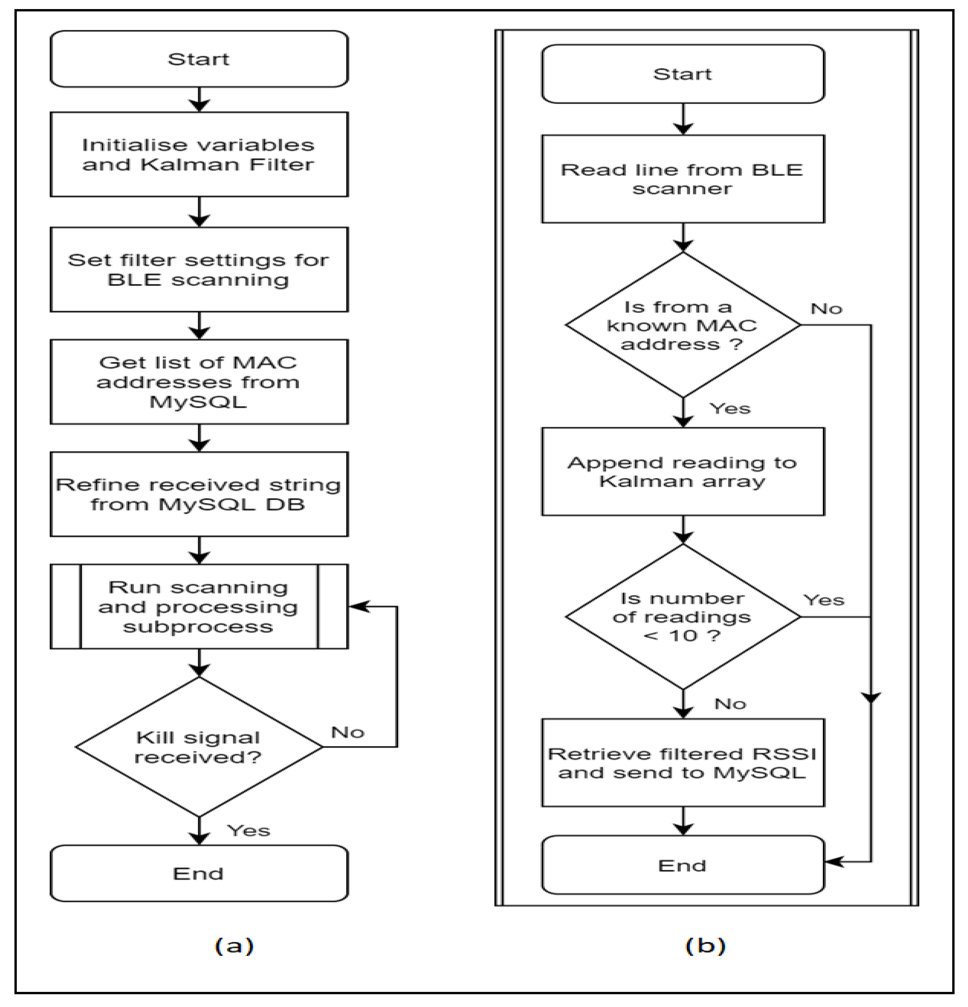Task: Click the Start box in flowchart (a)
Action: click(199, 59)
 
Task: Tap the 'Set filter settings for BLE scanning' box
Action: click(199, 270)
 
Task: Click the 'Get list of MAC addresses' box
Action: click(199, 382)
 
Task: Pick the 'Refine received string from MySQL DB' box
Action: click(199, 494)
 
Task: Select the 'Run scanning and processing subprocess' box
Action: click(199, 607)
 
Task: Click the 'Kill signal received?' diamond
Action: click(199, 747)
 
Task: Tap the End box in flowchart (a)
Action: click(199, 873)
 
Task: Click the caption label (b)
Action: click(705, 945)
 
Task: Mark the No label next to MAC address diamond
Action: click(827, 309)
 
